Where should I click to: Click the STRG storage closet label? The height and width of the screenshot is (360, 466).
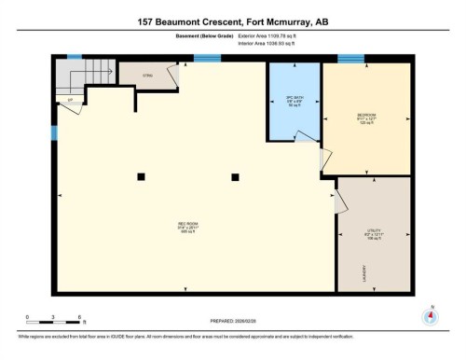(147, 75)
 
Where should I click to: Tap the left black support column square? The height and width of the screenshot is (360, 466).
(140, 175)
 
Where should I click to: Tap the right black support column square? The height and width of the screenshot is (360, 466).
(235, 175)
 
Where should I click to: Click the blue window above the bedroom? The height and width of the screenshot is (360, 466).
(350, 60)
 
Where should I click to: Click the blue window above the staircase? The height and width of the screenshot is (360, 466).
(74, 57)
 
